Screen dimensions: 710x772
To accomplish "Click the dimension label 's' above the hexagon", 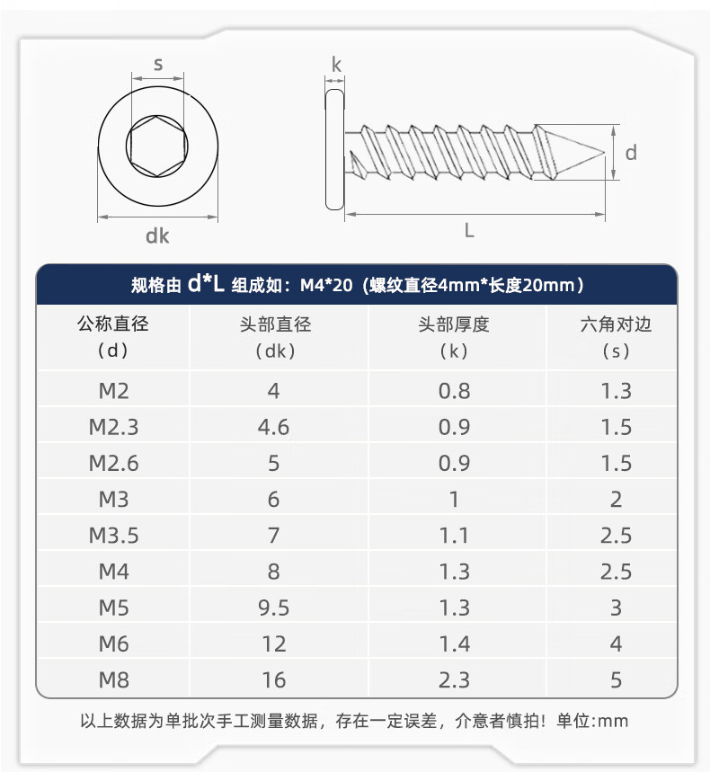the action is click(x=158, y=65).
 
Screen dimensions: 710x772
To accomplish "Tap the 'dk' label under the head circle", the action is click(x=157, y=235).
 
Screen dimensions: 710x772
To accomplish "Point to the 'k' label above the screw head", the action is click(x=336, y=65).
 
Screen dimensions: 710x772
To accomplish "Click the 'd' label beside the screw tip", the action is click(x=631, y=153).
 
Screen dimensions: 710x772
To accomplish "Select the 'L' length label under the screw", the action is click(x=469, y=230).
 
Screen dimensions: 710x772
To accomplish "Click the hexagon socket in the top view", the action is click(x=157, y=146).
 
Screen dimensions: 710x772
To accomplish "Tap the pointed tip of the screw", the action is click(x=604, y=153).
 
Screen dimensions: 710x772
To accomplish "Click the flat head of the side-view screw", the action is click(x=334, y=149).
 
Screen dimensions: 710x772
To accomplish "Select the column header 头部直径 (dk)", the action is click(x=275, y=337).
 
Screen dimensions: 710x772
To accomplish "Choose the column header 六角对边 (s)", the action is click(x=616, y=337).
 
